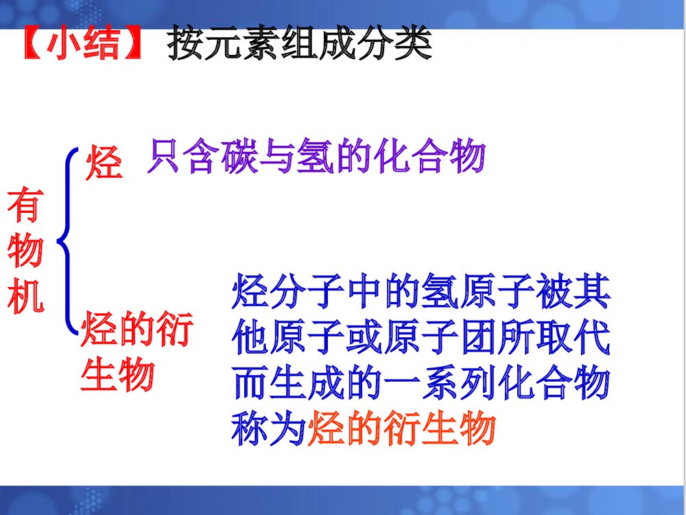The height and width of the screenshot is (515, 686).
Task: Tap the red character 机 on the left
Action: coord(25,297)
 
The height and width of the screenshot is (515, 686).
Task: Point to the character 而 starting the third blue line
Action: coord(251,383)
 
